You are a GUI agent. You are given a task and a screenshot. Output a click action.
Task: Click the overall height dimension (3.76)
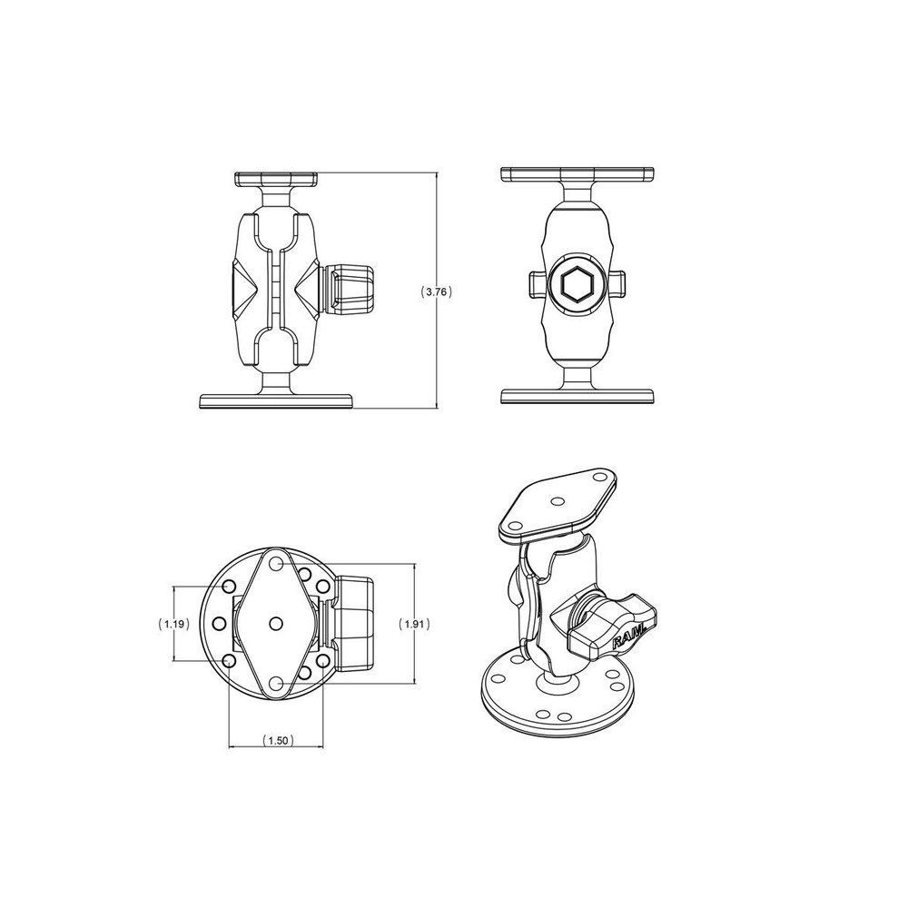(x=437, y=291)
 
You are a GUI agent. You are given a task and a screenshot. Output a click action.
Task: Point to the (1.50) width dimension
(x=276, y=741)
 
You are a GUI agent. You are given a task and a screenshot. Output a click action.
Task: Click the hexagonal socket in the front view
(x=577, y=286)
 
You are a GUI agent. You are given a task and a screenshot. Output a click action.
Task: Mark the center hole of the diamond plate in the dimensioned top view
(x=276, y=623)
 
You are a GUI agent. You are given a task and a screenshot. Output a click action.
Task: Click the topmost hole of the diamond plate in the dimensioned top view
(x=276, y=564)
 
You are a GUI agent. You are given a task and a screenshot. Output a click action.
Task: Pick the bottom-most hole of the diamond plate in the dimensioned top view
(x=276, y=682)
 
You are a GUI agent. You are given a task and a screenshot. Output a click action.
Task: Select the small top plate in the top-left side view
(x=275, y=179)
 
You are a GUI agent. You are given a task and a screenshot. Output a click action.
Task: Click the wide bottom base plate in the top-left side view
(x=276, y=400)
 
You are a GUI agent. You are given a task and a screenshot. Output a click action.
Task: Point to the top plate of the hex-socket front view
(x=577, y=173)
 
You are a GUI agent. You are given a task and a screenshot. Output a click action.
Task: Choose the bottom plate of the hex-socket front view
(x=577, y=396)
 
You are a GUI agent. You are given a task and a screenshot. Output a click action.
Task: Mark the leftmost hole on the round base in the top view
(x=219, y=624)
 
